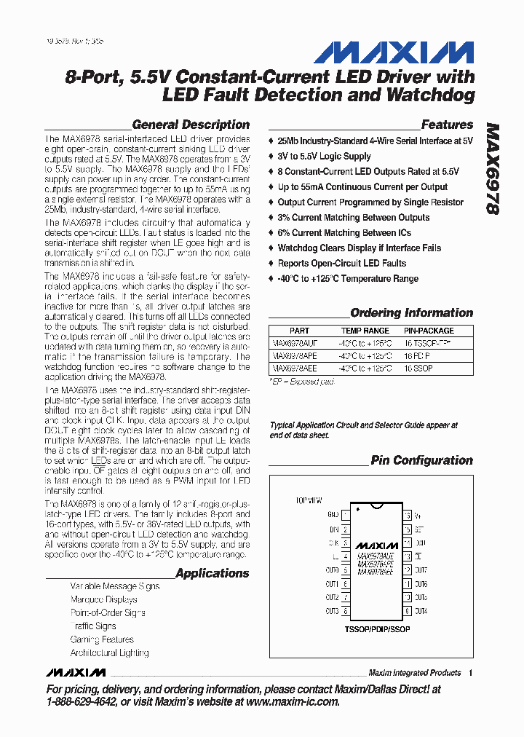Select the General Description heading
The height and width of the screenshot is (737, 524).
point(191,125)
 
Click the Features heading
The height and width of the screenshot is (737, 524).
point(447,125)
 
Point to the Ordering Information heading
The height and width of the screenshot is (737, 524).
point(411,313)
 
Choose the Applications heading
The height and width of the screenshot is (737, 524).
point(212,573)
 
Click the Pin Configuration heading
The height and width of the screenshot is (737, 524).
point(421,460)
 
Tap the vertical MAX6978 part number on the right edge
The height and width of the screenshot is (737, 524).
point(492,167)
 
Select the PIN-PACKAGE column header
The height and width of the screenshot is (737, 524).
point(429,331)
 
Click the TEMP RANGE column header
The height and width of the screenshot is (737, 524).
point(365,331)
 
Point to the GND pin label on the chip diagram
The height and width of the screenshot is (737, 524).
point(333,514)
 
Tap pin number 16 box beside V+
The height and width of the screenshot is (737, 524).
point(408,515)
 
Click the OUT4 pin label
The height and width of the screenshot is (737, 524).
point(421,611)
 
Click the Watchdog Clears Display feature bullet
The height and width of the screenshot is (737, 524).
point(359,248)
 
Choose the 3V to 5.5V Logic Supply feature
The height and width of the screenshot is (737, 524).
point(324,157)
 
